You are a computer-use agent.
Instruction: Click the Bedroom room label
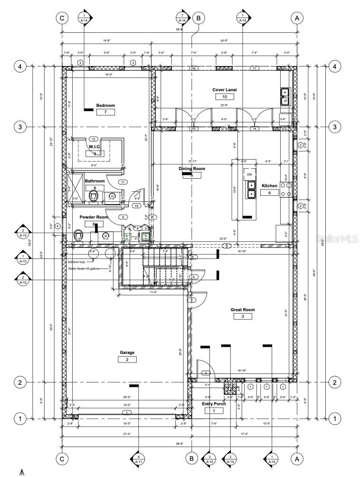(105, 105)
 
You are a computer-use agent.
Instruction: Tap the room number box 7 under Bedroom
(105, 112)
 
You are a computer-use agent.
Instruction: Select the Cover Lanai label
(225, 90)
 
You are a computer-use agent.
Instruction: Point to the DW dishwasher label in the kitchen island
(249, 174)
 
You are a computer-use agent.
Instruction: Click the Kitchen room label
(269, 186)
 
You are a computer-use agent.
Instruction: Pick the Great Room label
(243, 310)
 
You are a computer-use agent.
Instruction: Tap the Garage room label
(127, 353)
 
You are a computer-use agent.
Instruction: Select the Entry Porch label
(214, 404)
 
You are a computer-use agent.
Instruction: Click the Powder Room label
(94, 217)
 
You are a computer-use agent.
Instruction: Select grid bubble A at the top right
(297, 18)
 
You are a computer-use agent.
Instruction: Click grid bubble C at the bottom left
(61, 458)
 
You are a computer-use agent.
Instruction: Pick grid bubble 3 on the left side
(20, 127)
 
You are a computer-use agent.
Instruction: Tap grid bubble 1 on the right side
(334, 419)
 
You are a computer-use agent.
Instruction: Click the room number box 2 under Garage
(127, 360)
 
